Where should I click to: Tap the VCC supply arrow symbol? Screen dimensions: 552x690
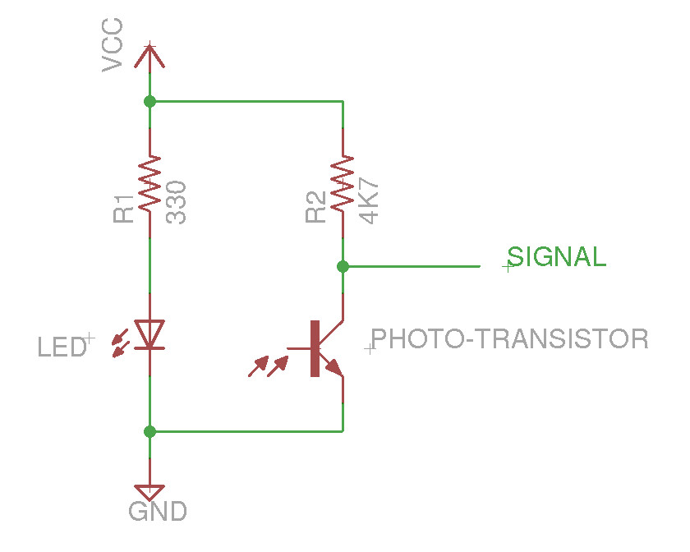(149, 55)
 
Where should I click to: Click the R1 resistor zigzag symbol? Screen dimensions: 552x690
(149, 185)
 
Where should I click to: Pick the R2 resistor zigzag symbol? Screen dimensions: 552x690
(343, 184)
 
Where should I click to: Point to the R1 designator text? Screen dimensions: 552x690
(124, 209)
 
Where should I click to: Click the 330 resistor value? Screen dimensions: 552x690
(177, 203)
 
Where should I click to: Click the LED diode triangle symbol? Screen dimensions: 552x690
(149, 333)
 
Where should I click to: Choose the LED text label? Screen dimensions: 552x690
(61, 347)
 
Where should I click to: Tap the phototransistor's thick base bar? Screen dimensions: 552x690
(315, 349)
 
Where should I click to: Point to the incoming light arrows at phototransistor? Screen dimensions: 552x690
(269, 366)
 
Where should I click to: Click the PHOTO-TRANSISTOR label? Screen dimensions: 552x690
(510, 338)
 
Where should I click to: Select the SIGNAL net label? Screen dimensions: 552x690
(557, 257)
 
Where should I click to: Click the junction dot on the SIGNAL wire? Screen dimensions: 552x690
(343, 266)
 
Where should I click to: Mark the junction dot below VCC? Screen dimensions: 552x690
(149, 101)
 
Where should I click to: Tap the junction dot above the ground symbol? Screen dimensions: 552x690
(149, 430)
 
